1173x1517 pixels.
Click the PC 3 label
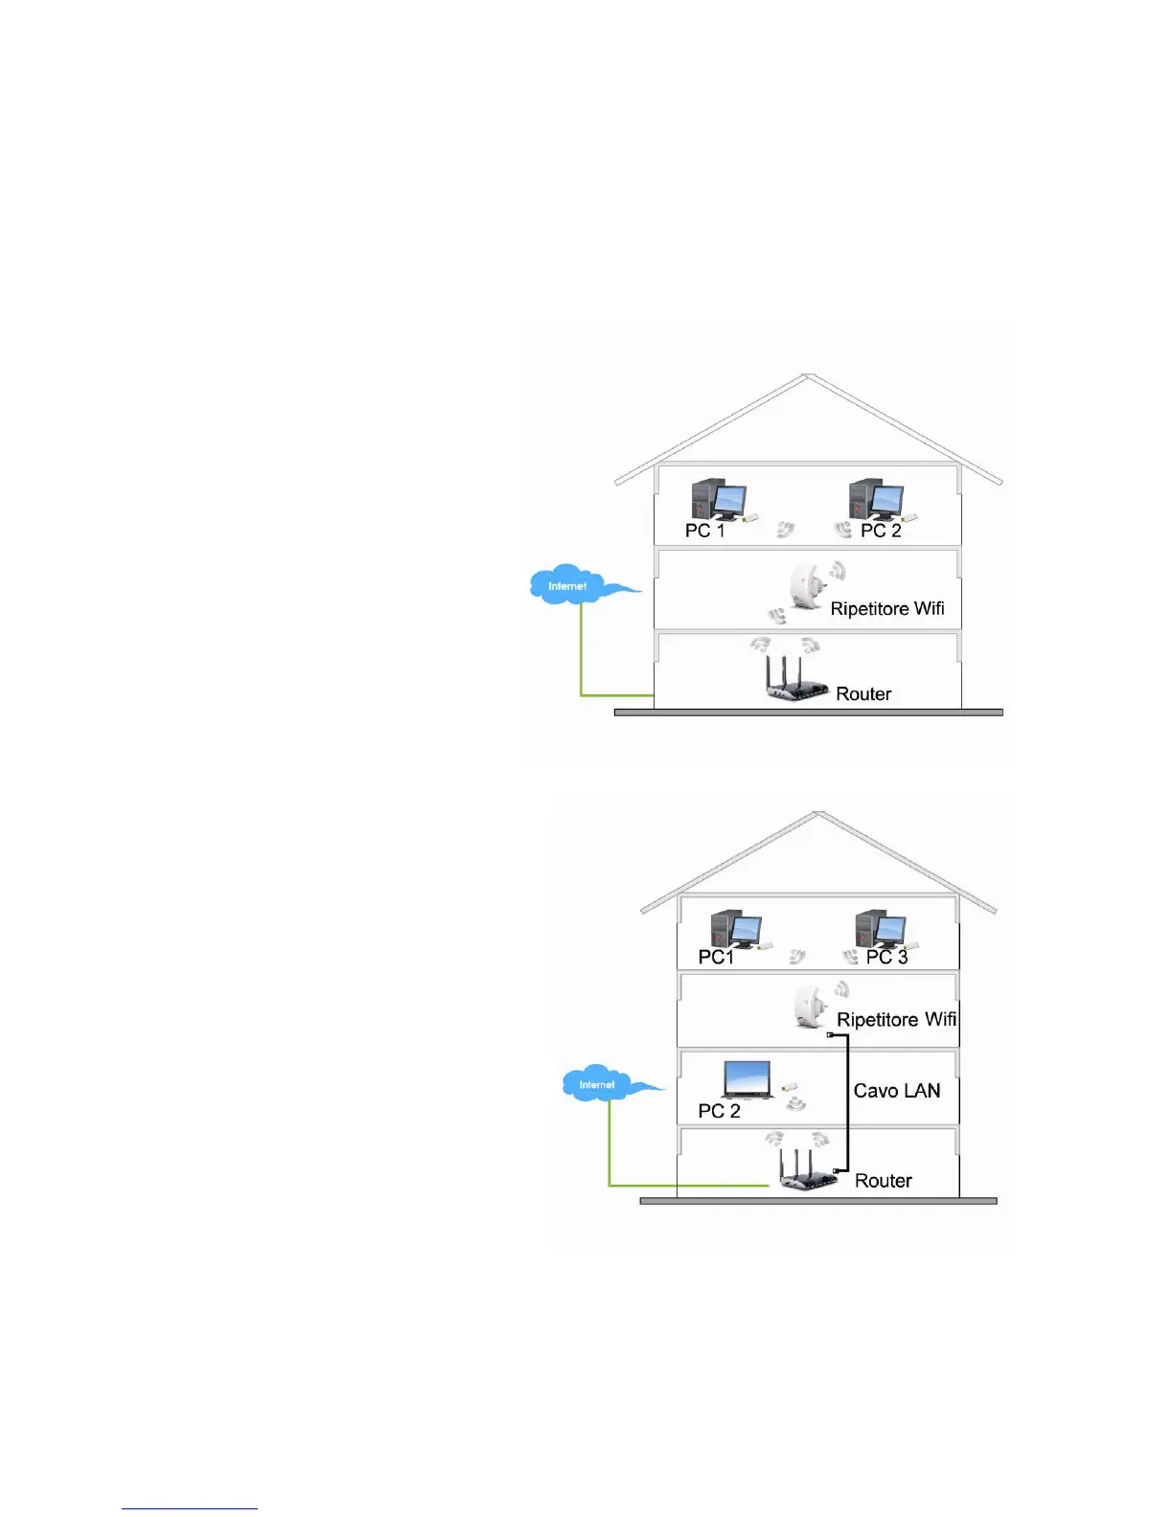pyautogui.click(x=886, y=957)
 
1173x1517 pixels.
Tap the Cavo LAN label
pyautogui.click(x=897, y=1091)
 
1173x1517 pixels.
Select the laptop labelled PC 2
pyautogui.click(x=747, y=1079)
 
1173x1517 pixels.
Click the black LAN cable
pyautogui.click(x=848, y=1101)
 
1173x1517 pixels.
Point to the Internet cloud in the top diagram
pyautogui.click(x=571, y=584)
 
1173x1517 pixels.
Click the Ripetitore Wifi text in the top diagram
pyautogui.click(x=886, y=609)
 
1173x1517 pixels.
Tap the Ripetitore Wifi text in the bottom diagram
pyautogui.click(x=896, y=1020)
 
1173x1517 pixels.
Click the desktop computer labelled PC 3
pyautogui.click(x=881, y=928)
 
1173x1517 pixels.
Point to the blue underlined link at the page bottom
pyautogui.click(x=190, y=1508)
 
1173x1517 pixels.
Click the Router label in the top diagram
pyautogui.click(x=863, y=694)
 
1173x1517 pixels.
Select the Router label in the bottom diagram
pyautogui.click(x=883, y=1181)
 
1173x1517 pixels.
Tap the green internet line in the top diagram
pyautogui.click(x=582, y=661)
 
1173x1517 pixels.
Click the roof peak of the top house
pyautogui.click(x=809, y=376)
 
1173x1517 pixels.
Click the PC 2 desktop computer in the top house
pyautogui.click(x=876, y=500)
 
